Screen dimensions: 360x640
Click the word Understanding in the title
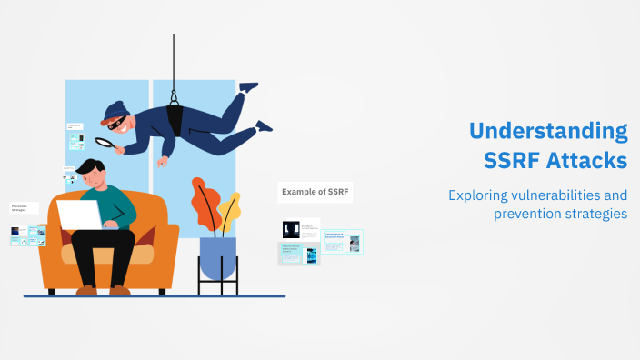tap(548, 131)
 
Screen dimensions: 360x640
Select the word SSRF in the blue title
tap(514, 160)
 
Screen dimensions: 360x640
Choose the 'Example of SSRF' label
tap(315, 192)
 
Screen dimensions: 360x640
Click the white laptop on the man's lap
tap(80, 215)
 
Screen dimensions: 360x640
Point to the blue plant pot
tap(217, 256)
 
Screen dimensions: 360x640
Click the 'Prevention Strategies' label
tap(24, 208)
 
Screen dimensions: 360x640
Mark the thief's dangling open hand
tap(162, 162)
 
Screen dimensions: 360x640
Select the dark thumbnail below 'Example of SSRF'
tap(291, 230)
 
